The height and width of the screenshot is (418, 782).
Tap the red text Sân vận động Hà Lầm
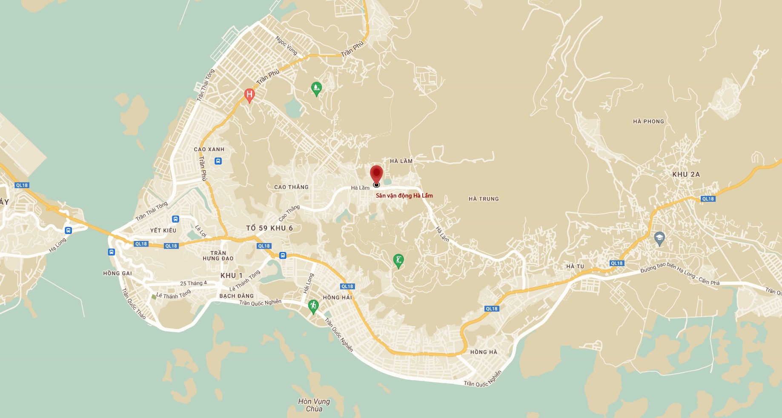[x=404, y=196]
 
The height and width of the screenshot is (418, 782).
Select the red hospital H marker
[x=249, y=95]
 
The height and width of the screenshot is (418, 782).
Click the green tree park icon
[x=316, y=89]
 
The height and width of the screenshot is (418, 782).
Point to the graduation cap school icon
[x=659, y=238]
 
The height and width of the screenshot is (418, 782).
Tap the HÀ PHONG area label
[x=648, y=121]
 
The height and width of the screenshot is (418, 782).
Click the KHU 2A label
[x=686, y=175]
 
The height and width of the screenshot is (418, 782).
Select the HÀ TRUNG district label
[x=484, y=199]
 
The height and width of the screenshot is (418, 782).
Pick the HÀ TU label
[x=575, y=266]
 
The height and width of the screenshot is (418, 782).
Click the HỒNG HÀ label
[x=484, y=352]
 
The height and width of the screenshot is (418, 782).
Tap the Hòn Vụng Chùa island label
[x=314, y=405]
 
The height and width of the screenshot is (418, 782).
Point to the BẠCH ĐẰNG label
[x=236, y=296]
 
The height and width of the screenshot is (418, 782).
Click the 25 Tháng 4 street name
[x=193, y=283]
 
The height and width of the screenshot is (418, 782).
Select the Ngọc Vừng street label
[x=286, y=46]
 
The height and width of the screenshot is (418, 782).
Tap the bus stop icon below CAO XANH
[x=218, y=161]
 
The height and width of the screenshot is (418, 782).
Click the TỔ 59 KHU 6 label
[x=269, y=228]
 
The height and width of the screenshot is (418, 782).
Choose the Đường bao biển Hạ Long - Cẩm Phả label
[x=680, y=274]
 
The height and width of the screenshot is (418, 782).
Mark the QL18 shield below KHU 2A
[x=708, y=199]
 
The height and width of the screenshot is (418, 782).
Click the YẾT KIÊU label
[x=163, y=230]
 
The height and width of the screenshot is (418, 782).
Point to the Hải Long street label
[x=308, y=283]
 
